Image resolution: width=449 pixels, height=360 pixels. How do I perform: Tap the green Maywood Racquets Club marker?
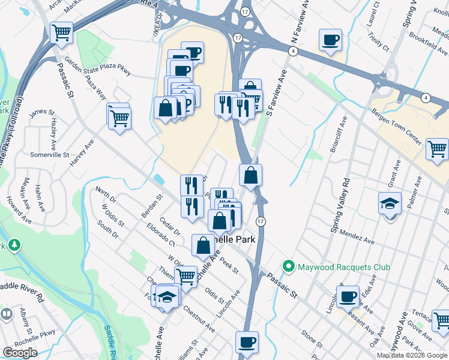point(288,266)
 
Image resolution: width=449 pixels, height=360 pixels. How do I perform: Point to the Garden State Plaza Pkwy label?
point(101,69)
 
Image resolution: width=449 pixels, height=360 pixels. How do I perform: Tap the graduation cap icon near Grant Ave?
point(390,204)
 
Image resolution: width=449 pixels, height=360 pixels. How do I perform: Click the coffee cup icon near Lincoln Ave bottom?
point(247,343)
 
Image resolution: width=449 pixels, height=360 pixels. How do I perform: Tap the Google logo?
point(20,353)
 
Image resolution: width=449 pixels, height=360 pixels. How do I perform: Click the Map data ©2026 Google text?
point(412,355)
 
